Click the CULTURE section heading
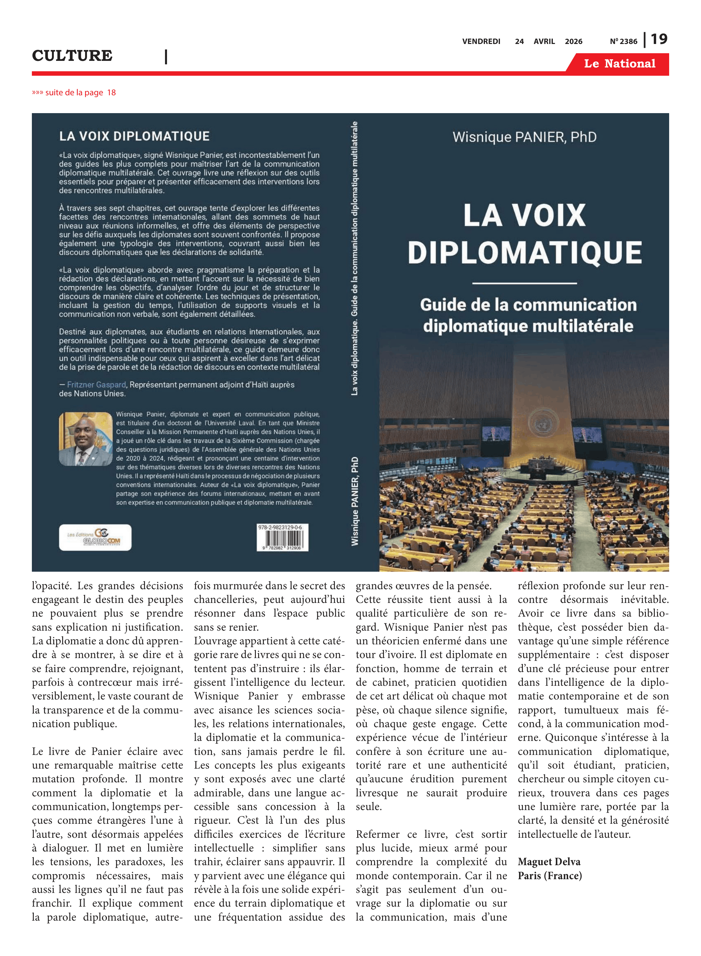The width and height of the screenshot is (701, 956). [72, 55]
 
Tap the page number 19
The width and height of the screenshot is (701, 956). [659, 39]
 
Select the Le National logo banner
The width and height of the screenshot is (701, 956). [619, 64]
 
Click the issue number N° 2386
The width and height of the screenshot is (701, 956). [623, 41]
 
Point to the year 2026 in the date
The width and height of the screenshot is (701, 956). [573, 41]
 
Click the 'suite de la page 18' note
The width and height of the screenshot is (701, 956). [74, 92]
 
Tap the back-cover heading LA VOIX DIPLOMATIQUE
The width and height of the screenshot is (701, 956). [134, 136]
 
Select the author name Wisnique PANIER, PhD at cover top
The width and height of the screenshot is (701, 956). [524, 137]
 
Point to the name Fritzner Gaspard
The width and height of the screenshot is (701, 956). [96, 384]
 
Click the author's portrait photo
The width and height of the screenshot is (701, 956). [86, 439]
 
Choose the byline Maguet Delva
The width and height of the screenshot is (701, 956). [549, 861]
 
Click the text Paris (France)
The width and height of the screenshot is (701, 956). [550, 875]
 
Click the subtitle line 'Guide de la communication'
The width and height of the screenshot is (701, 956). [528, 305]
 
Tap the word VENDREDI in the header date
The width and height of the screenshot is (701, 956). [481, 41]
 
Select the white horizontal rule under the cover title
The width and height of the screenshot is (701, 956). [524, 283]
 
